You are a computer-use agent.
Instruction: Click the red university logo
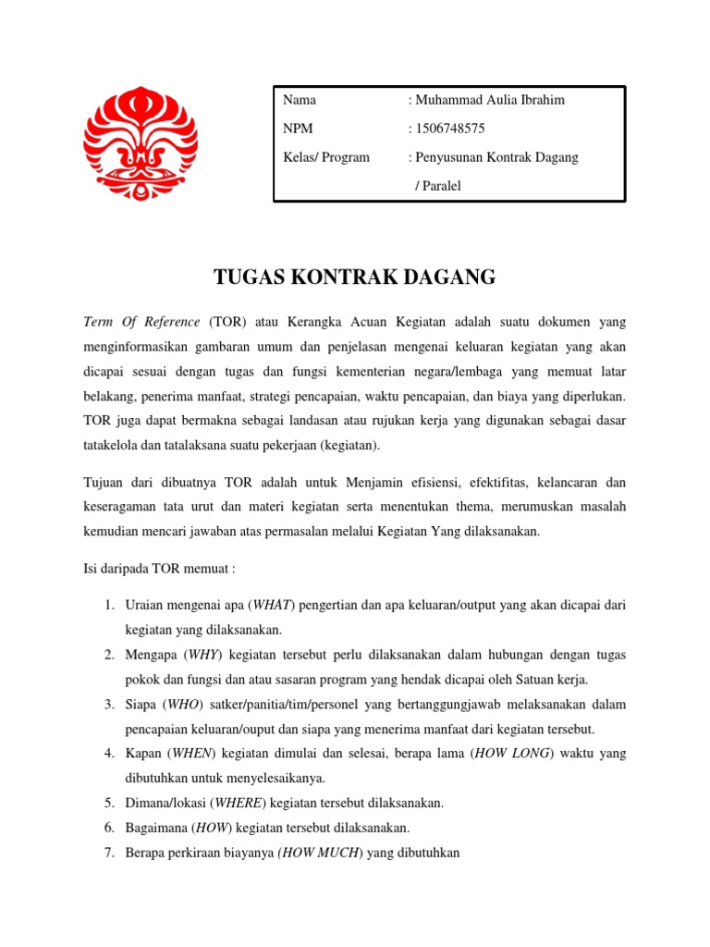[x=140, y=142]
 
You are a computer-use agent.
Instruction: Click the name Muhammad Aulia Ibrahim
[x=489, y=100]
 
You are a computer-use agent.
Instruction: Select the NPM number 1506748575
[x=450, y=129]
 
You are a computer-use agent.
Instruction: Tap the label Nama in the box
[x=300, y=100]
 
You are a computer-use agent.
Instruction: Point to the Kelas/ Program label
[x=325, y=157]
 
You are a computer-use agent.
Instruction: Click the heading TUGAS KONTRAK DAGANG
[x=355, y=277]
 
